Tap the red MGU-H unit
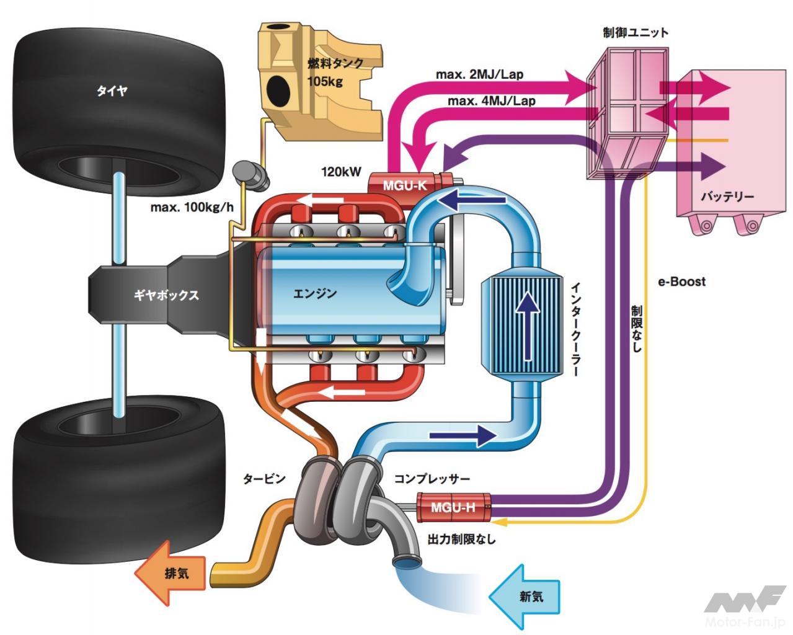coord(453,507)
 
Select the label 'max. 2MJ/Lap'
coord(479,74)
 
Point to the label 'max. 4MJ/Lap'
coord(492,100)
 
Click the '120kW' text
coord(340,172)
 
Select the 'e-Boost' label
coord(681,282)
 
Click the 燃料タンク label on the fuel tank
coord(335,63)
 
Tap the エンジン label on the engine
coord(315,293)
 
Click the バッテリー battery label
coord(727,197)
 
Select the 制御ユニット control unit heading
coord(636,32)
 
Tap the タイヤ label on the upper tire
coord(112,91)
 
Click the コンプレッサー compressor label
coord(432,479)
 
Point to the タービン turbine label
coord(264,479)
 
